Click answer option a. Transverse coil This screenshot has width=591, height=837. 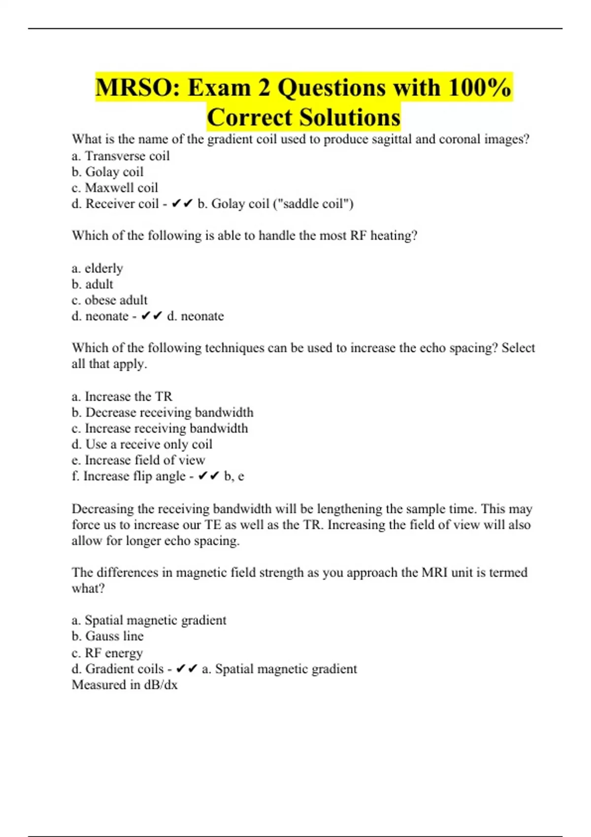click(121, 156)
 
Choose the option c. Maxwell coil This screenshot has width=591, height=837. click(115, 188)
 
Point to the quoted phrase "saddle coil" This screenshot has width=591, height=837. click(312, 204)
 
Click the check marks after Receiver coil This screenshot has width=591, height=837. click(182, 204)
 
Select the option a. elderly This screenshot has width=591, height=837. click(97, 268)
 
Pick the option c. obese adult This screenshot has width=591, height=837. click(109, 300)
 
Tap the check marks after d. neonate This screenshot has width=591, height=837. click(152, 316)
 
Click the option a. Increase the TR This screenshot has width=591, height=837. click(122, 396)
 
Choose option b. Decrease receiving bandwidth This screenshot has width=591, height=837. click(163, 413)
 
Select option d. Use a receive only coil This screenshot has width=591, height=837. click(142, 444)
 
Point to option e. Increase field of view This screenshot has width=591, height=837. click(138, 460)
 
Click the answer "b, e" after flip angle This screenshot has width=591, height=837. click(234, 477)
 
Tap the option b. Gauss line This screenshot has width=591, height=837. click(107, 636)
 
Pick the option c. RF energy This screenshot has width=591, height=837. click(107, 653)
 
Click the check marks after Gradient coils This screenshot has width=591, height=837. click(187, 669)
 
